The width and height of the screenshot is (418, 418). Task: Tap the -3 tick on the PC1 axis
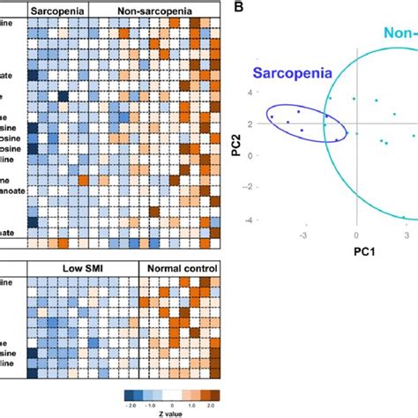(x=304, y=237)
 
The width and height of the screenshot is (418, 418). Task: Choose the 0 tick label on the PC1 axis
(x=356, y=237)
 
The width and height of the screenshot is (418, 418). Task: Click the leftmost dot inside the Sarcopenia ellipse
(x=272, y=116)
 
